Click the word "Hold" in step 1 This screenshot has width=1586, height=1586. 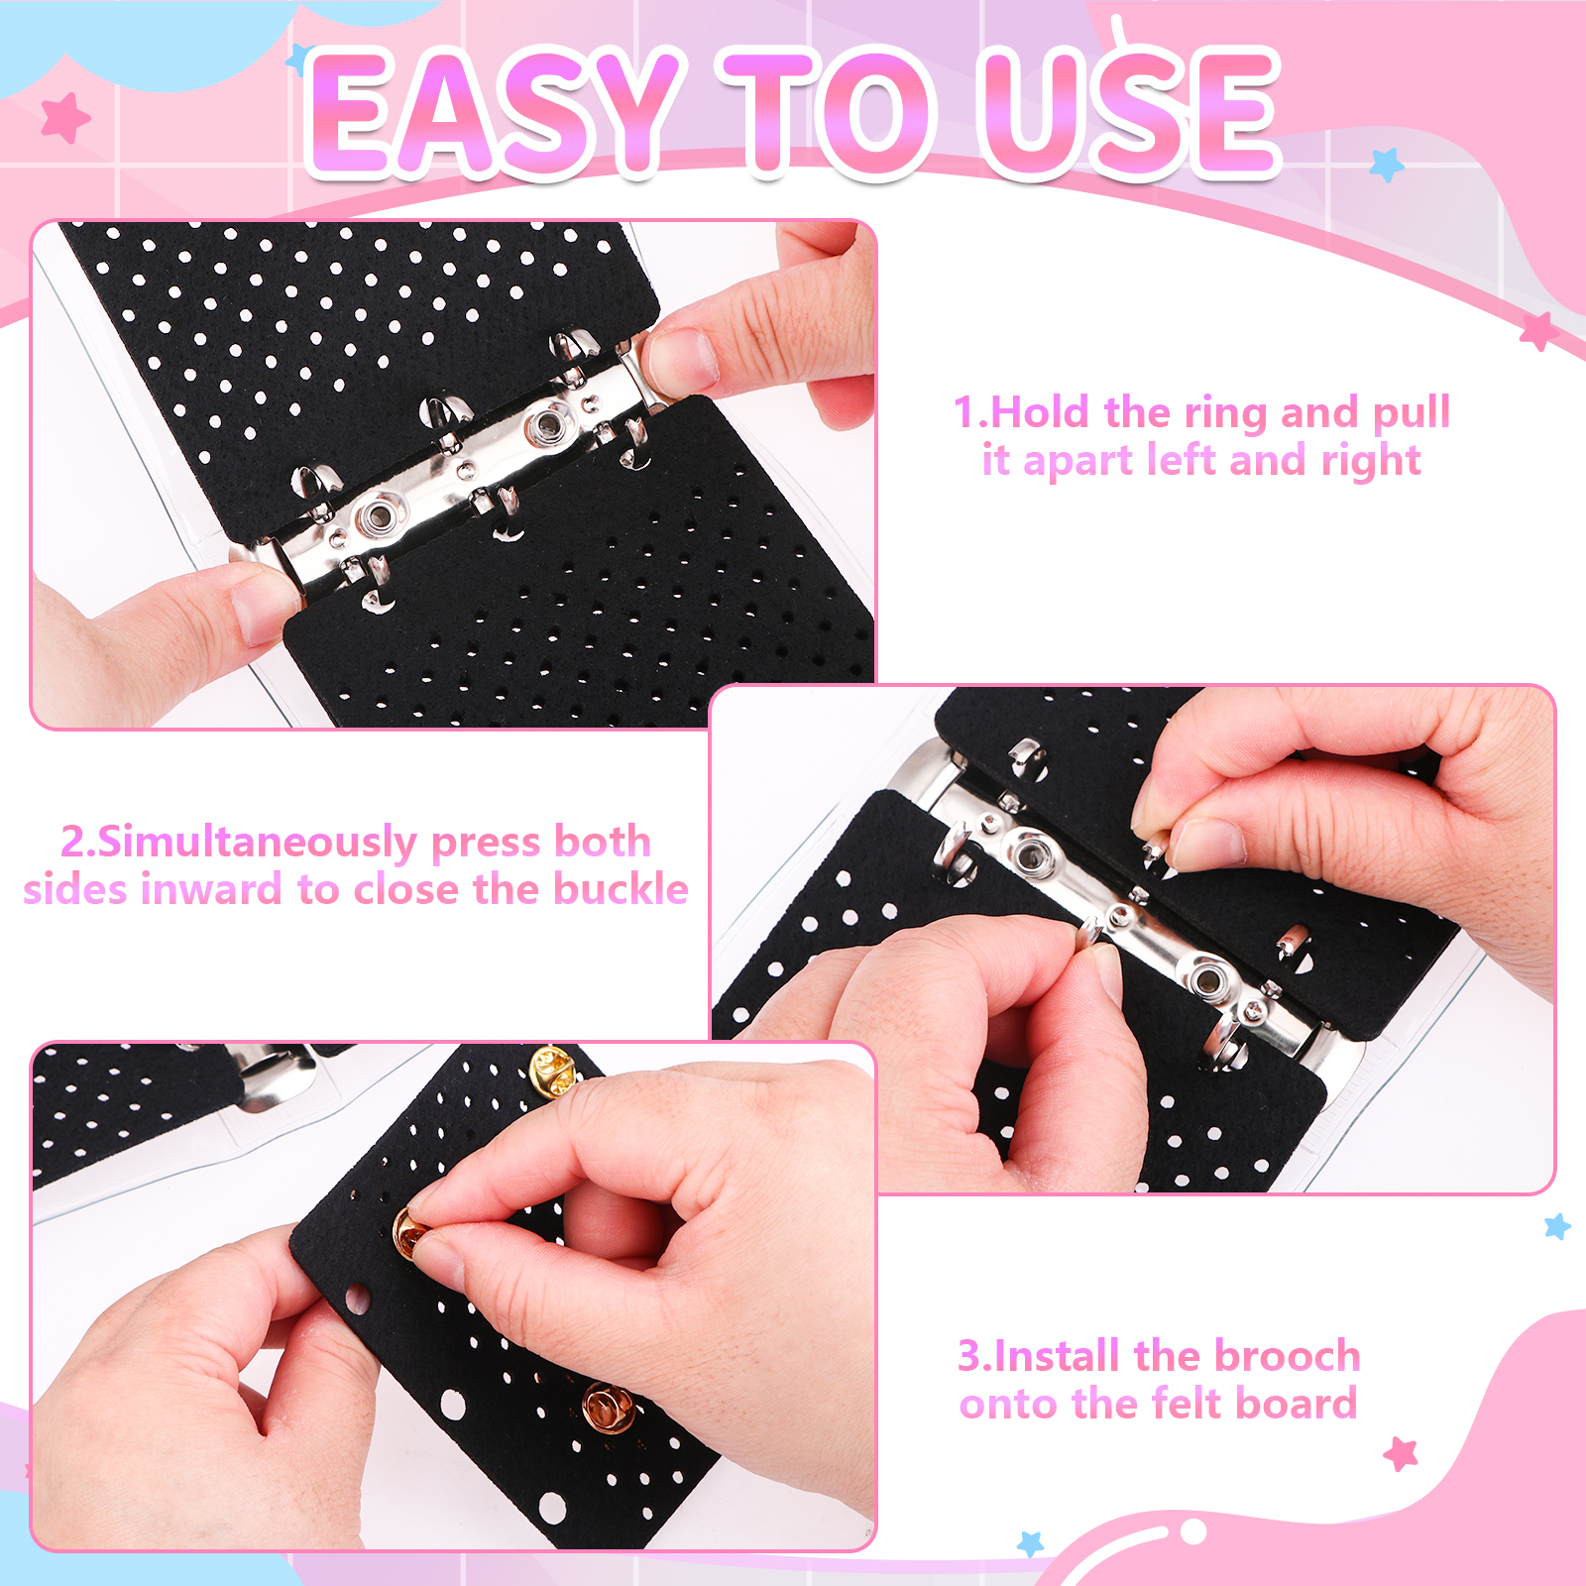click(1040, 412)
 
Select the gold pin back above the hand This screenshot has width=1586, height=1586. click(551, 1071)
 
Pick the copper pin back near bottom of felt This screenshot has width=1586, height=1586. click(607, 1408)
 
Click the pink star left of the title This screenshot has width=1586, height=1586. click(65, 118)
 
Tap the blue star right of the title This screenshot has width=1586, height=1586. click(1387, 164)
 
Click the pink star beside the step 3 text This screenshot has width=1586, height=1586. click(1401, 1454)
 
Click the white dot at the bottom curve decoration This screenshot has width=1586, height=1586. click(1193, 1531)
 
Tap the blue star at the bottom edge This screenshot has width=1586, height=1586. click(1031, 1543)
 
